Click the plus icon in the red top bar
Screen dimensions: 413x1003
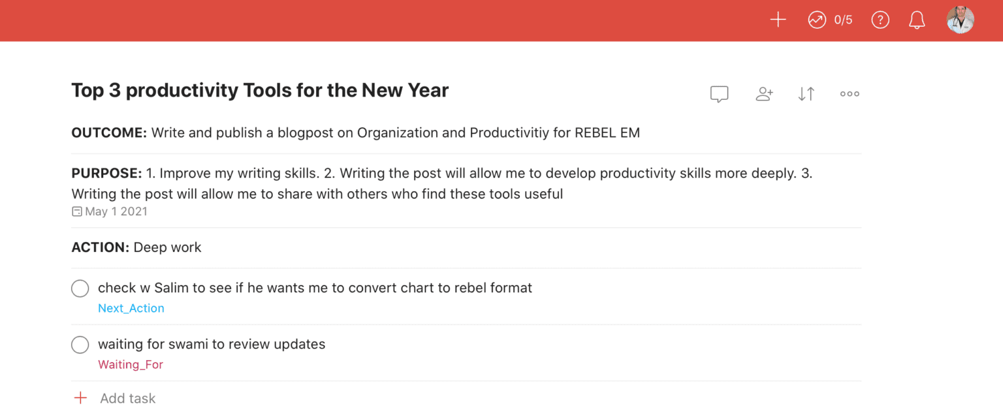tap(778, 20)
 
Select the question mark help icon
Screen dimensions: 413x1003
tap(880, 20)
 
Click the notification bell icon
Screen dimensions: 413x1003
tap(917, 20)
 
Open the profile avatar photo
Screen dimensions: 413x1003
tap(960, 20)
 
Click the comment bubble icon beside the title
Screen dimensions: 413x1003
tap(719, 94)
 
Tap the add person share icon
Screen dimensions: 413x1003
tap(764, 94)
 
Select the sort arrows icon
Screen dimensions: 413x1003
tap(806, 94)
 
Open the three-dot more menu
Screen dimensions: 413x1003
tap(850, 94)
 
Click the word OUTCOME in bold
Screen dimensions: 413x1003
tap(109, 133)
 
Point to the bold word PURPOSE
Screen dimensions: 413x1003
tap(106, 174)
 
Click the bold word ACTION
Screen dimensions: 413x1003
tap(100, 247)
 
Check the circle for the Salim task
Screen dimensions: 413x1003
tap(80, 288)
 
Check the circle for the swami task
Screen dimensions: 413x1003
tap(80, 344)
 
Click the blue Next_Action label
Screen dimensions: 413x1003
tap(131, 309)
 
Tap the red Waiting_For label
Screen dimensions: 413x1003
tap(131, 365)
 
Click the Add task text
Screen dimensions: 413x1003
tap(128, 399)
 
